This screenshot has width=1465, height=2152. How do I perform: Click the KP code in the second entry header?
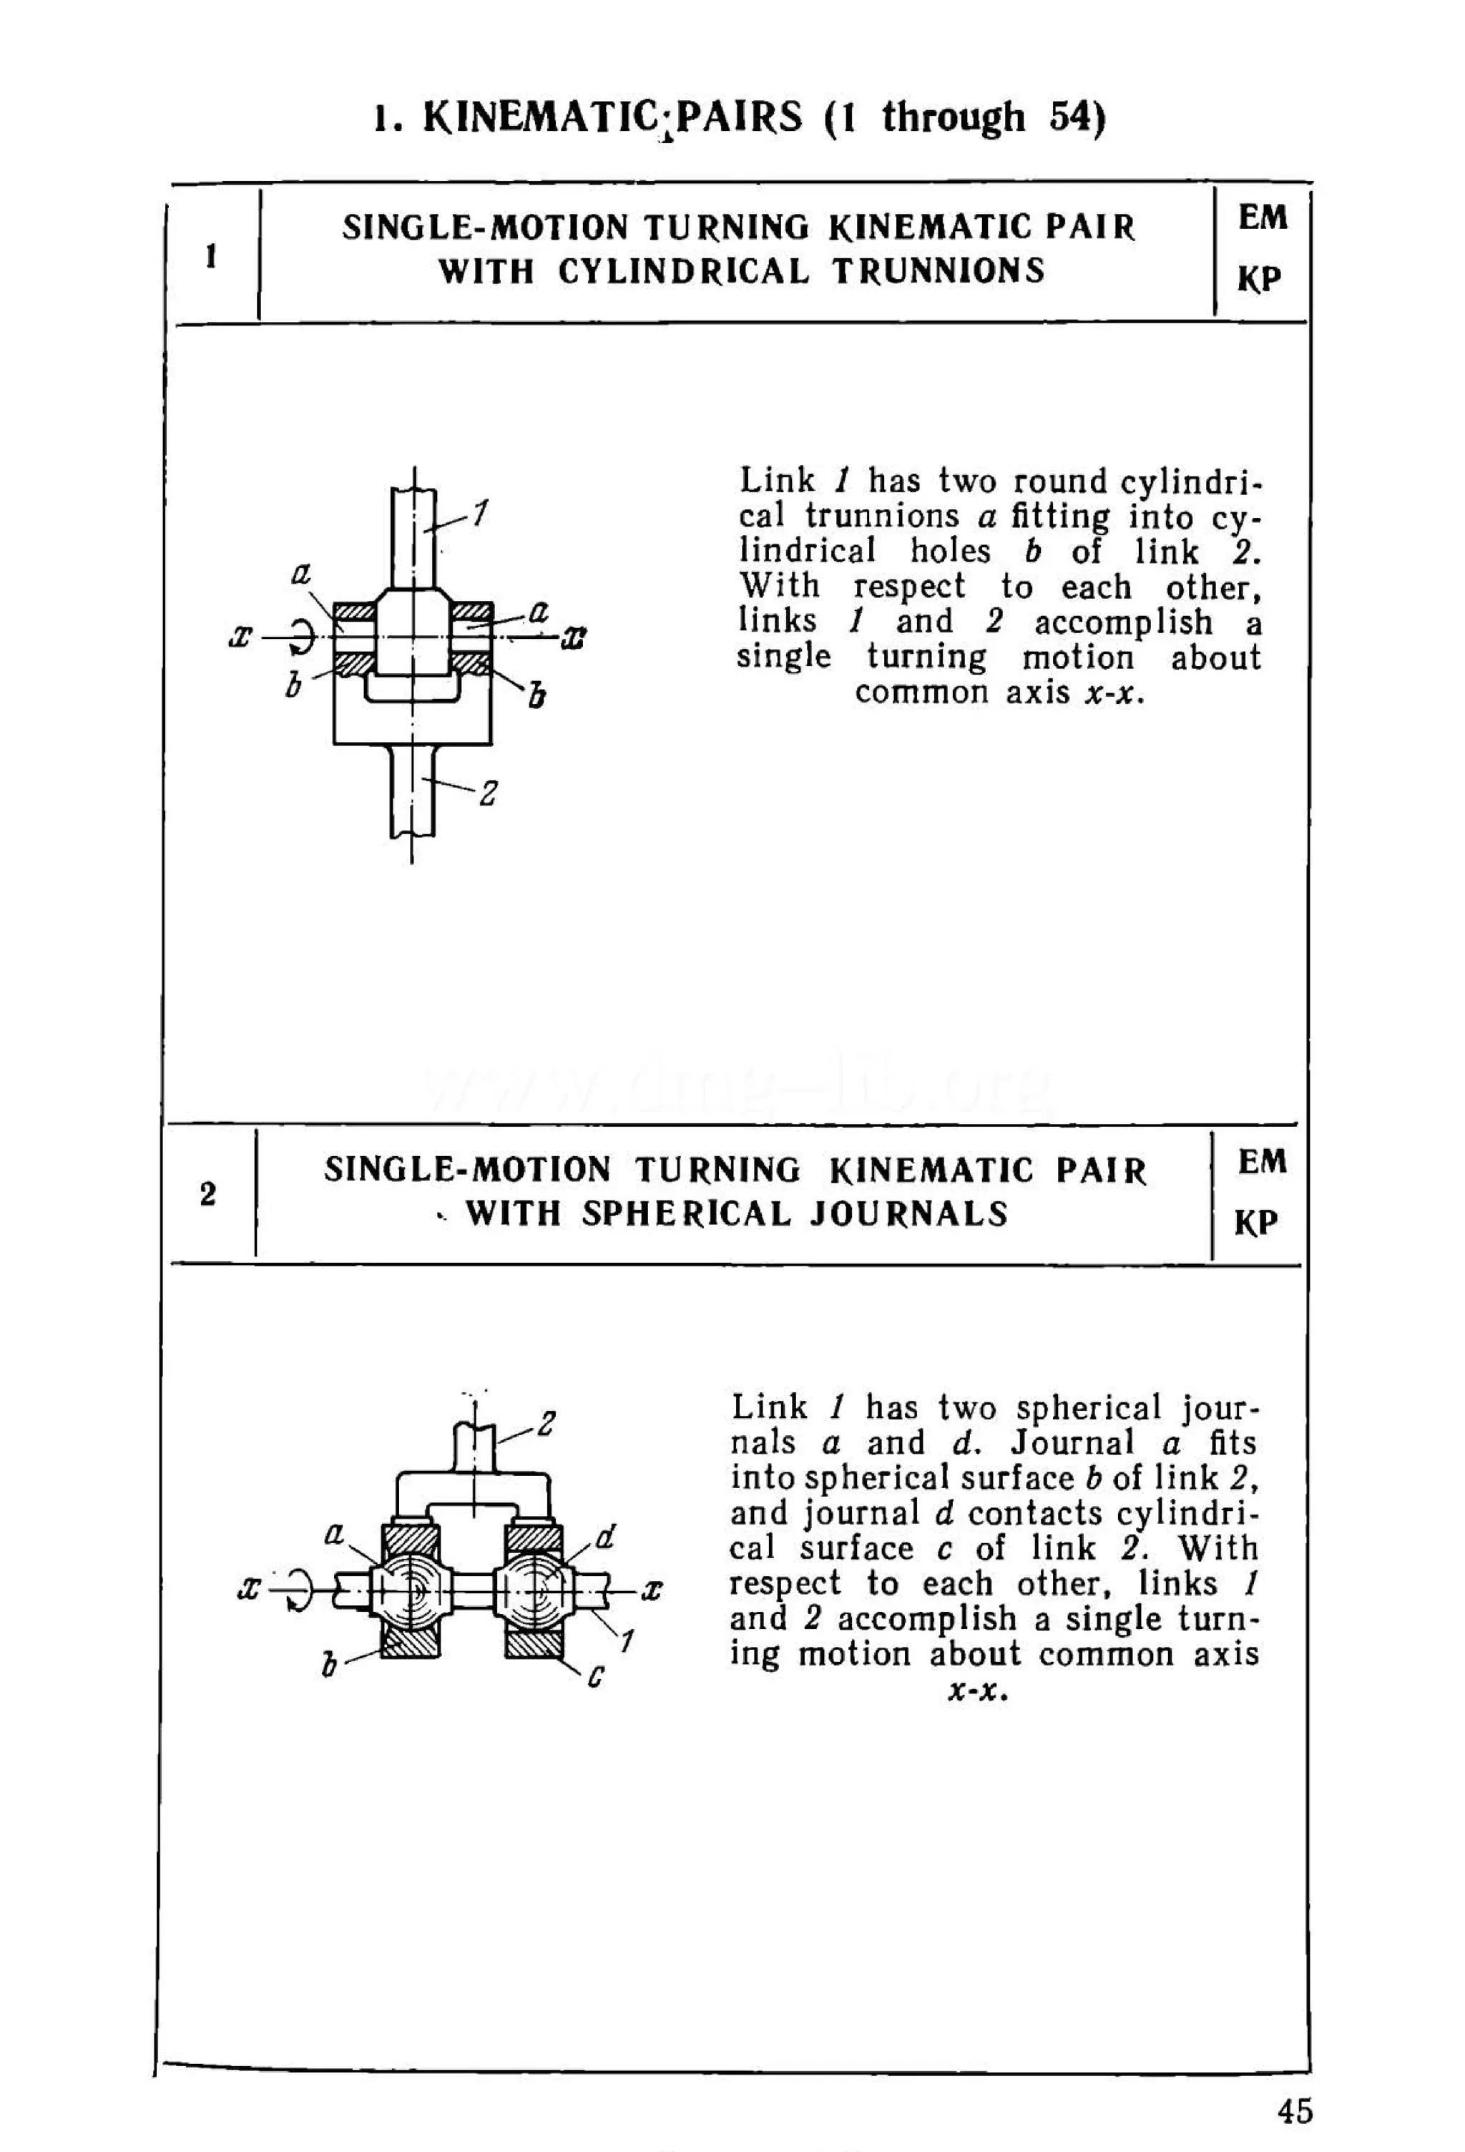[x=1257, y=1223]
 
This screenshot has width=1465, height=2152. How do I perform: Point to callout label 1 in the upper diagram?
[x=479, y=513]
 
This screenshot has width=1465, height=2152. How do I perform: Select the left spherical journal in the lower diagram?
[x=408, y=1589]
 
